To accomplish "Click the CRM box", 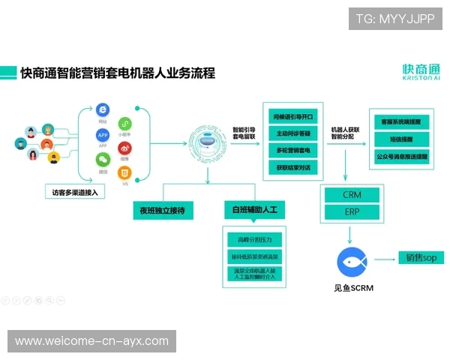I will (352, 194).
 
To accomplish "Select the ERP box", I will (352, 212).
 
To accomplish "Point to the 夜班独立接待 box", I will (162, 211).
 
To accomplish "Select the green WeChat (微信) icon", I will (103, 159).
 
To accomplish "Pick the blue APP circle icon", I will (103, 135).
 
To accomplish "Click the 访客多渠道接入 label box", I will (74, 193).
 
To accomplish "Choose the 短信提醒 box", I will (400, 138).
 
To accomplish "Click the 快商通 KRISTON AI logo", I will (421, 72).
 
